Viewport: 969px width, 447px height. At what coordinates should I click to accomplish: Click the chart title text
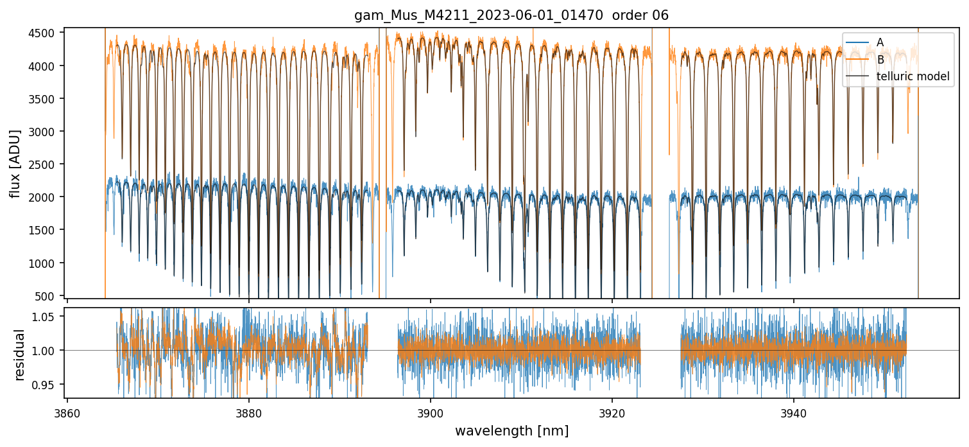point(511,15)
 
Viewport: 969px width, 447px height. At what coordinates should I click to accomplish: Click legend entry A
point(880,42)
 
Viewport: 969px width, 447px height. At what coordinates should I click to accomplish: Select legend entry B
point(880,60)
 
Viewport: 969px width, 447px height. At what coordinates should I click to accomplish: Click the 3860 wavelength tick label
point(67,414)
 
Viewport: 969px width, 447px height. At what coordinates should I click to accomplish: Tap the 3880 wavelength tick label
point(249,414)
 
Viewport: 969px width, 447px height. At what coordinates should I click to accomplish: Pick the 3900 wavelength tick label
point(431,414)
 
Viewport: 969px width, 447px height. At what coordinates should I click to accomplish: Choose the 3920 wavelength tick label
point(612,414)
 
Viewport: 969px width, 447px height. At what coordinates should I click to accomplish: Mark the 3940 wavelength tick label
point(794,414)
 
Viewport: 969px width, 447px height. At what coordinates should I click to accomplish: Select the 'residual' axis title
point(19,355)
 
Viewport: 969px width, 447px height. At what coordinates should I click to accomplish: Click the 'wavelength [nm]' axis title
point(511,431)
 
